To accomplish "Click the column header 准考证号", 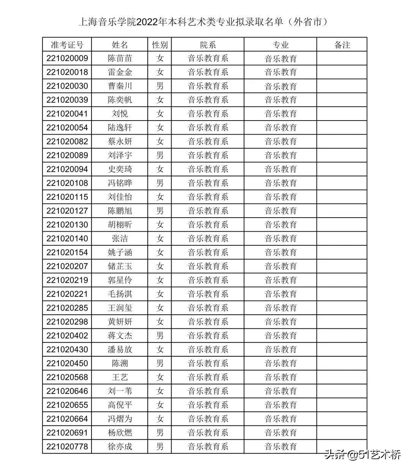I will click(x=67, y=45).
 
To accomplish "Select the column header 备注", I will click(x=342, y=45).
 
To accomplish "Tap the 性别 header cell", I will click(x=160, y=45).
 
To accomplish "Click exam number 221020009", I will click(x=67, y=58).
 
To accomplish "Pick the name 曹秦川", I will click(x=120, y=86).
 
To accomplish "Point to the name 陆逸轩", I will click(x=120, y=128).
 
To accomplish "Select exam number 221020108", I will click(x=67, y=183).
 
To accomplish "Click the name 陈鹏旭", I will click(x=120, y=211).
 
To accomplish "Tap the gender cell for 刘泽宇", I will click(x=160, y=155).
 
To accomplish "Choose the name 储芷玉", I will click(x=120, y=266).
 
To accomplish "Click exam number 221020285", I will click(x=67, y=308).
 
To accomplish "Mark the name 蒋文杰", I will click(x=120, y=336).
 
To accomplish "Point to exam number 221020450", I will click(x=67, y=363).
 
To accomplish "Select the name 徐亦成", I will click(x=120, y=446).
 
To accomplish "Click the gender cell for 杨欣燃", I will click(x=160, y=433).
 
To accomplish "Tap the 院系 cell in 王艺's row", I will click(x=208, y=377).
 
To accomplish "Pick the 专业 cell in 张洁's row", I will click(x=281, y=238).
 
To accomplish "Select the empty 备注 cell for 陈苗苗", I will click(x=342, y=58).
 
